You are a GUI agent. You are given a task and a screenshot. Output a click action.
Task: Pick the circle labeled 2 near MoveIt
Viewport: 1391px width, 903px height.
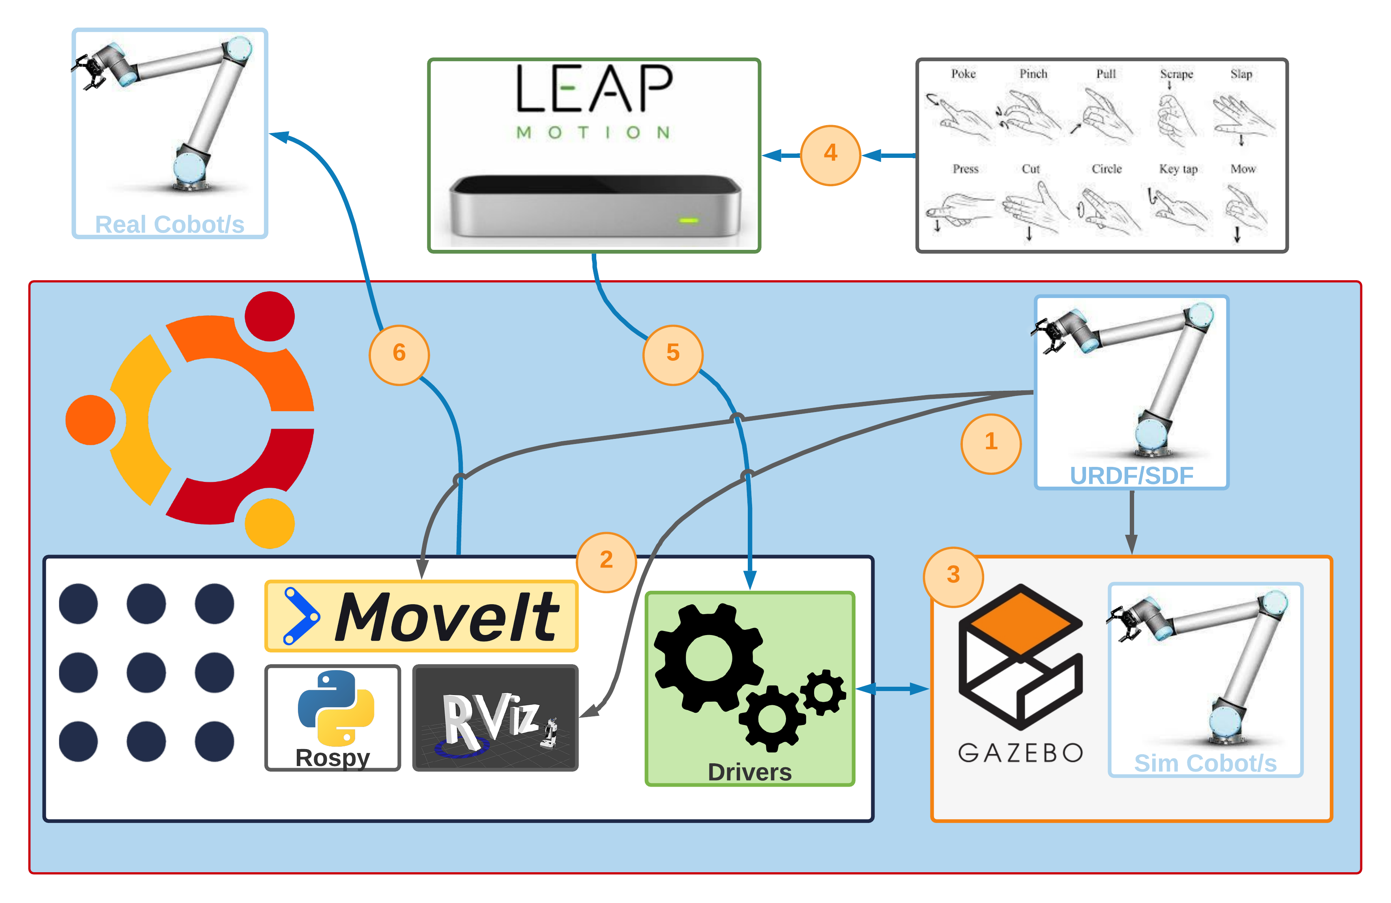606,562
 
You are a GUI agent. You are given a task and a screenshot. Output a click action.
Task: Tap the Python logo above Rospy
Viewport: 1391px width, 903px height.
335,707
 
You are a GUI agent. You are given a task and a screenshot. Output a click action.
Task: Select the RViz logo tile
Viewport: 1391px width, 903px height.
495,718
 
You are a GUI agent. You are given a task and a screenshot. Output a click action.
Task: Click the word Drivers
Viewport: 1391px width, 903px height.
749,772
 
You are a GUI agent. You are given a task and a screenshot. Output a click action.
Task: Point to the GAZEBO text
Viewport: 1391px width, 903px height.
1020,753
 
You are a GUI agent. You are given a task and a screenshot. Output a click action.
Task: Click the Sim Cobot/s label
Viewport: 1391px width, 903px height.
1205,763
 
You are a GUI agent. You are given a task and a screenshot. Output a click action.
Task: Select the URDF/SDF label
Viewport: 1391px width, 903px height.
1131,476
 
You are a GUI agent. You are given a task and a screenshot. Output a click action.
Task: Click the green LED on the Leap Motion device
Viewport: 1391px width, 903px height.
689,220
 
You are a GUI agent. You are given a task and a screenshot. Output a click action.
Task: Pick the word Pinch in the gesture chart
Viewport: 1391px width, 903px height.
1033,74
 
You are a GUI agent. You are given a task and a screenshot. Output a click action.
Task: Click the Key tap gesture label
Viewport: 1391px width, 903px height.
1178,169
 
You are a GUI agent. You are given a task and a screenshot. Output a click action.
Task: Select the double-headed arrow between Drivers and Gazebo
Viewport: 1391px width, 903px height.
893,689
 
